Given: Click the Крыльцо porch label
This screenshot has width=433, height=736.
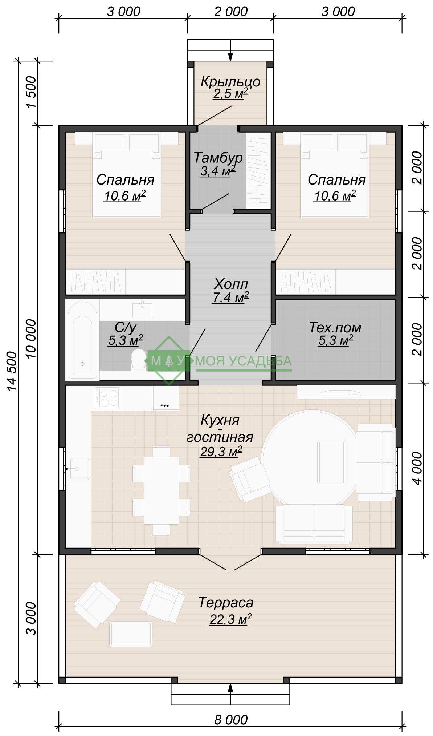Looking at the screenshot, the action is coord(230,81).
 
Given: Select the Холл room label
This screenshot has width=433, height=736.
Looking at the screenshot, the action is coord(231,283).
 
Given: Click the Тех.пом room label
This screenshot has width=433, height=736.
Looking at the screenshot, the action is coord(335,327).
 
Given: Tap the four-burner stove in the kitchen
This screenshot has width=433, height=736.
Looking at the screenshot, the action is coord(107,398).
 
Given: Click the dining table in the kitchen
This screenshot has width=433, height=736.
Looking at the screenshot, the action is coord(162,490).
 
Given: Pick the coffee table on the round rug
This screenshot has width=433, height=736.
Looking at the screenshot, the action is coord(331,462).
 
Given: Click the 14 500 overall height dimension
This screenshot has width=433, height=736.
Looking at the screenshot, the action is coord(12,371).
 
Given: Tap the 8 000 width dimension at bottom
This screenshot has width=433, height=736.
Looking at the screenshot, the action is coord(231,719).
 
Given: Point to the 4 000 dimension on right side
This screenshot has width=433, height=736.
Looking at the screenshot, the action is coord(418,468).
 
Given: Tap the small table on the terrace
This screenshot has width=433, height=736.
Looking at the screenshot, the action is coord(131,634).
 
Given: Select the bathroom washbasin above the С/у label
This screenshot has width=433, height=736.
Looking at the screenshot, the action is coord(142,310).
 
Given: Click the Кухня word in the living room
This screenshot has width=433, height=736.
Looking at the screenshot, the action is coord(220,420).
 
